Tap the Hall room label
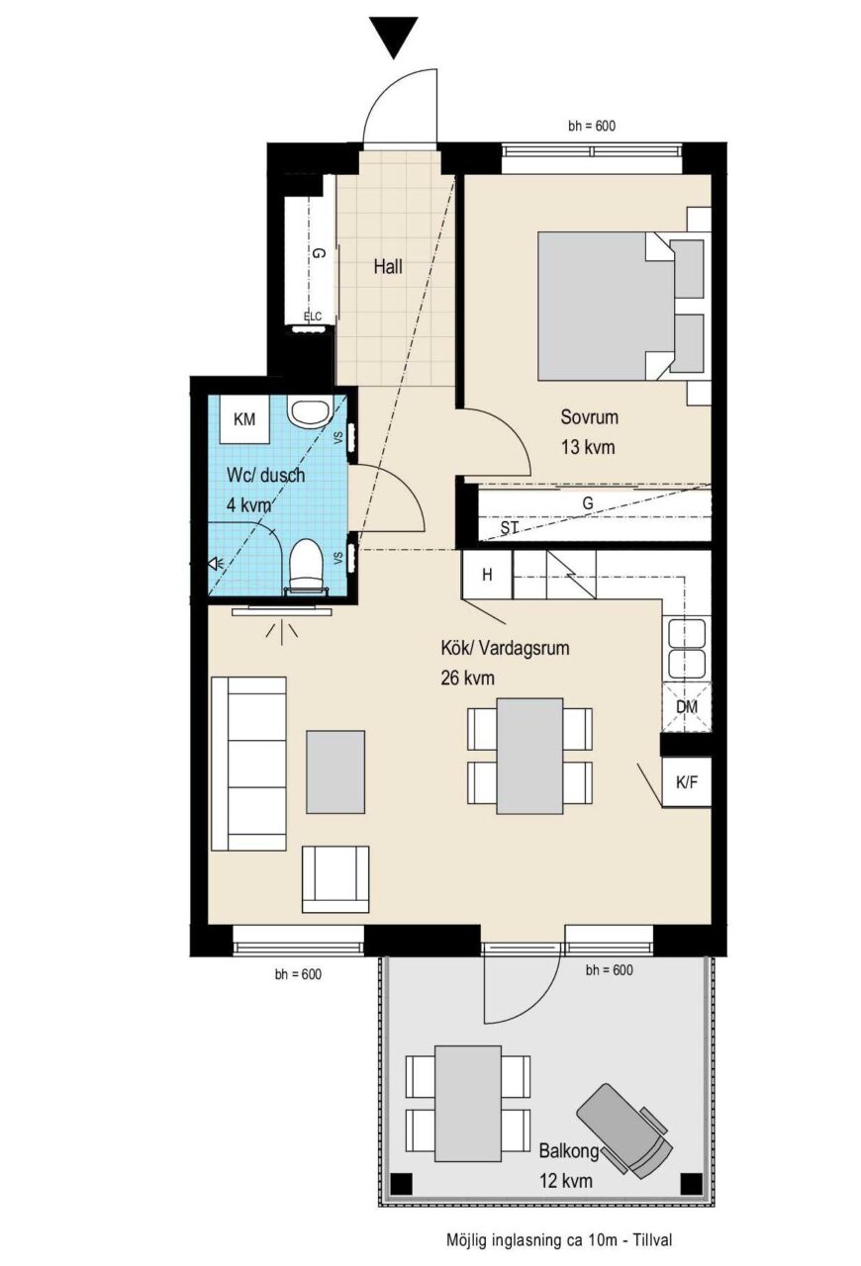coord(388,266)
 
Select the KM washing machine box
coord(244,419)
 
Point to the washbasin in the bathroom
coord(309,410)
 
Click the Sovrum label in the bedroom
coord(590,417)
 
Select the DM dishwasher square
coord(687,706)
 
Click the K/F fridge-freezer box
coord(687,781)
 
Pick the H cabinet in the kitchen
coord(487,575)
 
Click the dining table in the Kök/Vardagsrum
coord(530,756)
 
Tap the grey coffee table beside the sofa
coord(335,772)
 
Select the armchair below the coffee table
coord(335,879)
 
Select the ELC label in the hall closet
coord(313,316)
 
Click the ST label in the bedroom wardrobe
coord(510,528)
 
